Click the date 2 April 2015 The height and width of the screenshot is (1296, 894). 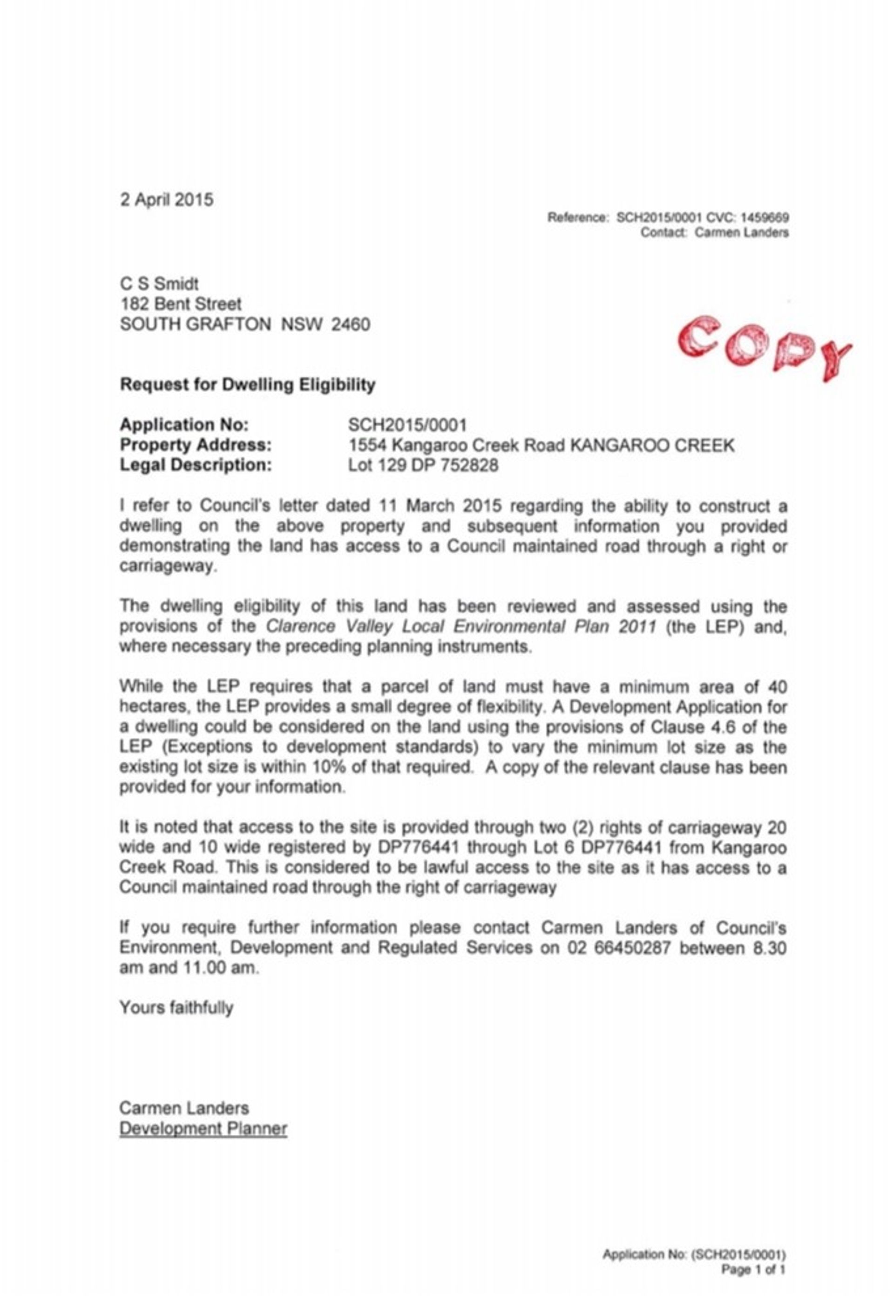click(x=166, y=200)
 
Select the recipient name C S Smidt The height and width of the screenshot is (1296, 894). click(x=159, y=284)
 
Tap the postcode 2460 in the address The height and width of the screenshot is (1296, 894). click(x=350, y=325)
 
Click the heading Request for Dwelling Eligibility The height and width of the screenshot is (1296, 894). click(x=248, y=385)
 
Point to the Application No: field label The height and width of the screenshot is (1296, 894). click(x=184, y=425)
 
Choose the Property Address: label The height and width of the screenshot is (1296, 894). click(x=196, y=445)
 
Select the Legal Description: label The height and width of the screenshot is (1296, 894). click(x=196, y=465)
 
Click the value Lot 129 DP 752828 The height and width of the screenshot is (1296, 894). click(x=423, y=465)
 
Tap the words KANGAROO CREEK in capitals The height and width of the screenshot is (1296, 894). click(x=651, y=445)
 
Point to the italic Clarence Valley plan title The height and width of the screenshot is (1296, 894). click(x=461, y=626)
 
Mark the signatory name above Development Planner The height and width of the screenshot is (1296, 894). click(x=184, y=1108)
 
